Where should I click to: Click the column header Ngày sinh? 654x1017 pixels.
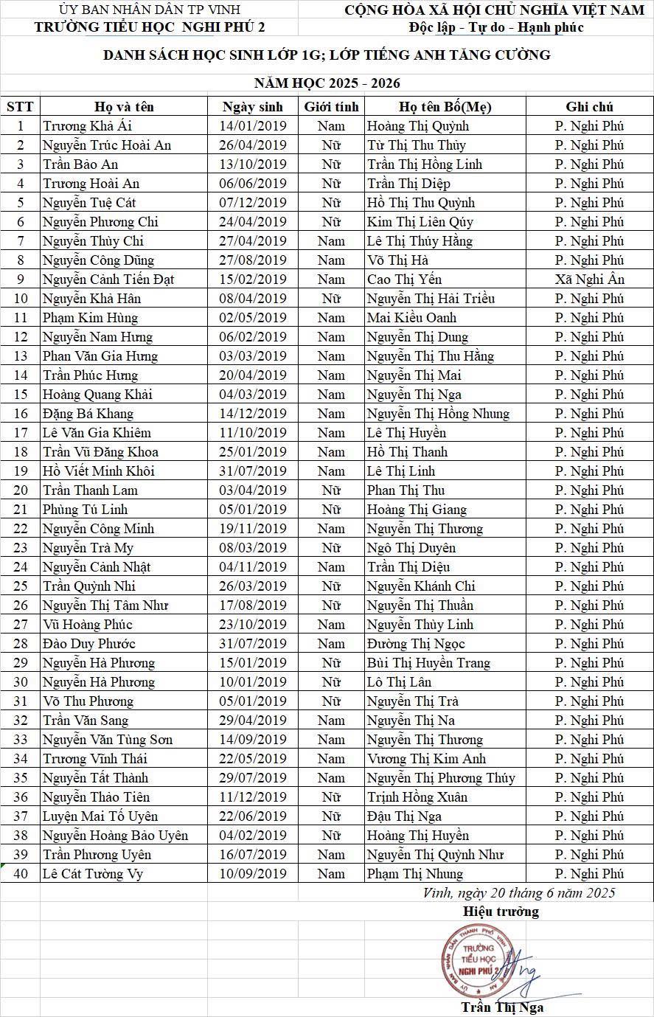[x=253, y=107]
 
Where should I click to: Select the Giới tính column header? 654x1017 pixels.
[x=332, y=107]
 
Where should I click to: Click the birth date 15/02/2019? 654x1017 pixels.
[x=253, y=280]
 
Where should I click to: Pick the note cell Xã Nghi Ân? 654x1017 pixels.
[x=589, y=280]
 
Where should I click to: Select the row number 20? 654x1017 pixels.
[x=21, y=490]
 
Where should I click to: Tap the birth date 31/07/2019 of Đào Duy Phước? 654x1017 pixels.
[x=253, y=644]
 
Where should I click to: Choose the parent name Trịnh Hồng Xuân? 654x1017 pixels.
[x=417, y=797]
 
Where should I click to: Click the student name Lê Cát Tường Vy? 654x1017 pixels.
[x=93, y=874]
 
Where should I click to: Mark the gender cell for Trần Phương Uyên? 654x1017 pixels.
[x=332, y=855]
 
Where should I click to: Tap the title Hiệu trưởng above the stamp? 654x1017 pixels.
[x=501, y=912]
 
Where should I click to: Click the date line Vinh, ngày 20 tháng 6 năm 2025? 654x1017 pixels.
[x=519, y=893]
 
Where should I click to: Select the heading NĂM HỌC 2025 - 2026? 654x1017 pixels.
[x=327, y=83]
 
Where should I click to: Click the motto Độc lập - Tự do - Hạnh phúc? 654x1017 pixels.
[x=496, y=28]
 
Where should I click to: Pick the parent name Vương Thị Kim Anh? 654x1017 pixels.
[x=426, y=759]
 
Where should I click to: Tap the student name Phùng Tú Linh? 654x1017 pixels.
[x=85, y=510]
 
